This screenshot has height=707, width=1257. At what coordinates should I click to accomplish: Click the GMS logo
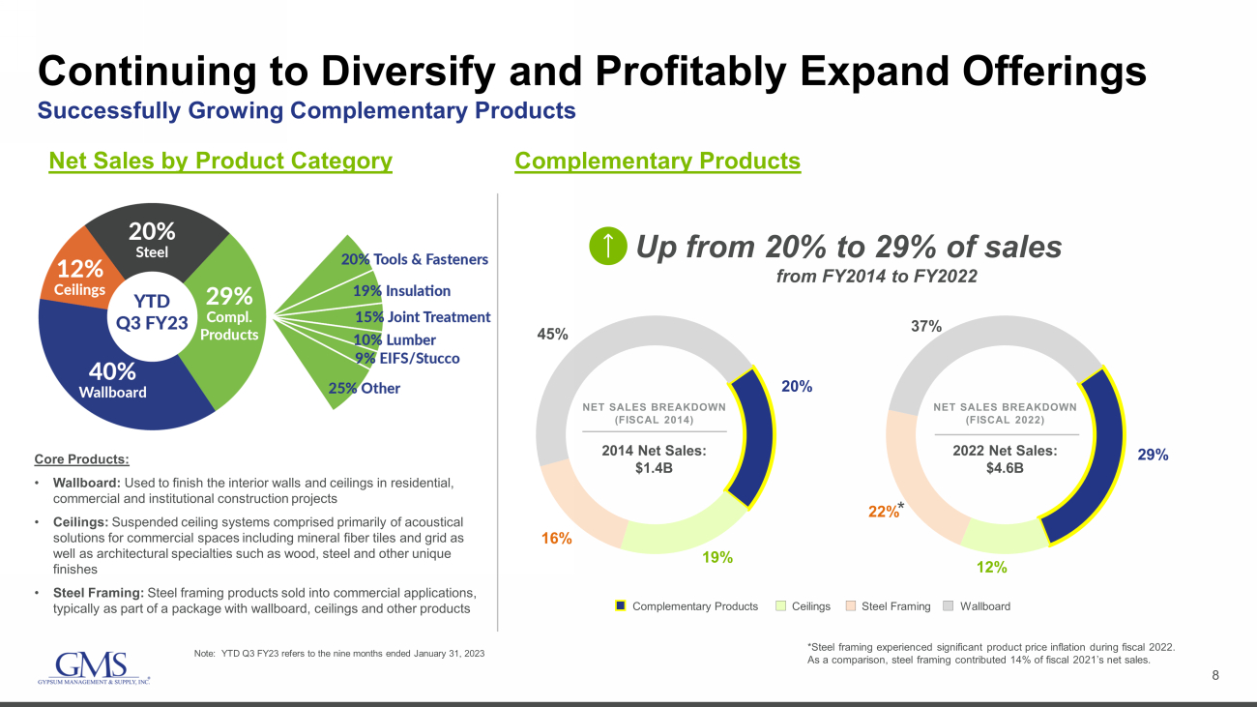coord(92,666)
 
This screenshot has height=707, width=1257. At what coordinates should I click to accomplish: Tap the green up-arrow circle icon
coord(606,247)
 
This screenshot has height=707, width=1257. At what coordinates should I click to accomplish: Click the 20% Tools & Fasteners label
coord(414,259)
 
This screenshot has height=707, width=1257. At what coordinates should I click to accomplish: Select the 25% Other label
coord(364,388)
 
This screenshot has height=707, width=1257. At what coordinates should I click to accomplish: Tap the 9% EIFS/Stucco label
coord(407,358)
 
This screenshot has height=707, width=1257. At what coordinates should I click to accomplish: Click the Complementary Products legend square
coord(622,606)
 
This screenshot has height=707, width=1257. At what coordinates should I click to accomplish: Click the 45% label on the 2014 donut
coord(552,335)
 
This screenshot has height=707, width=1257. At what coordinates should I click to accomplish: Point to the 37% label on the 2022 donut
coord(926,327)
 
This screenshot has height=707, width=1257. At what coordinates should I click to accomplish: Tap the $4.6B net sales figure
coord(1005,469)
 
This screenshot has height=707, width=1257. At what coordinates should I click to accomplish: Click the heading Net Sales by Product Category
coord(220,161)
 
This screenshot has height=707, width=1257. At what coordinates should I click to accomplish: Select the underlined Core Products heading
coord(81,458)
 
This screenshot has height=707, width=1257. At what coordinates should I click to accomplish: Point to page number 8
coord(1216,676)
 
